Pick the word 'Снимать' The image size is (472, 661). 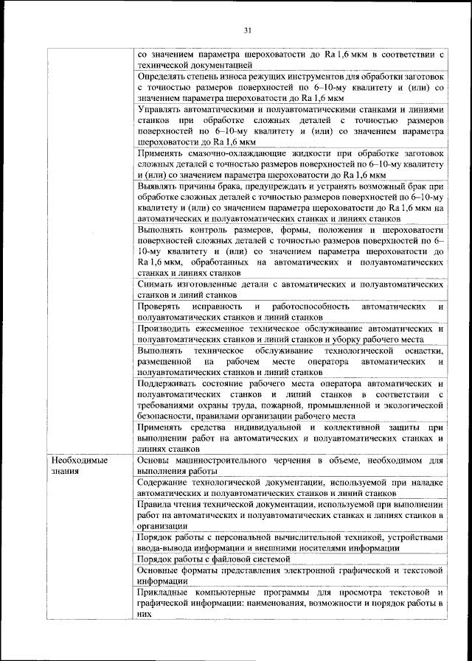coord(156,284)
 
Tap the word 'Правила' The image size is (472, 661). coord(156,504)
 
